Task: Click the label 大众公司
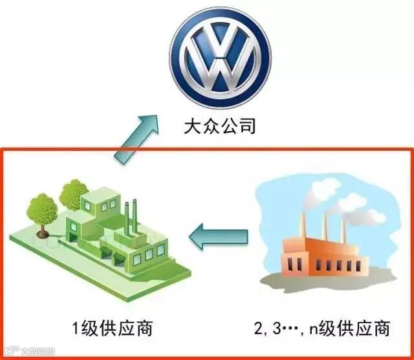(x=221, y=124)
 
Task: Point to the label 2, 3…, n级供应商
(x=321, y=329)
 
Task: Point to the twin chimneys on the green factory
(x=131, y=217)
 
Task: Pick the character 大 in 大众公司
(x=191, y=124)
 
